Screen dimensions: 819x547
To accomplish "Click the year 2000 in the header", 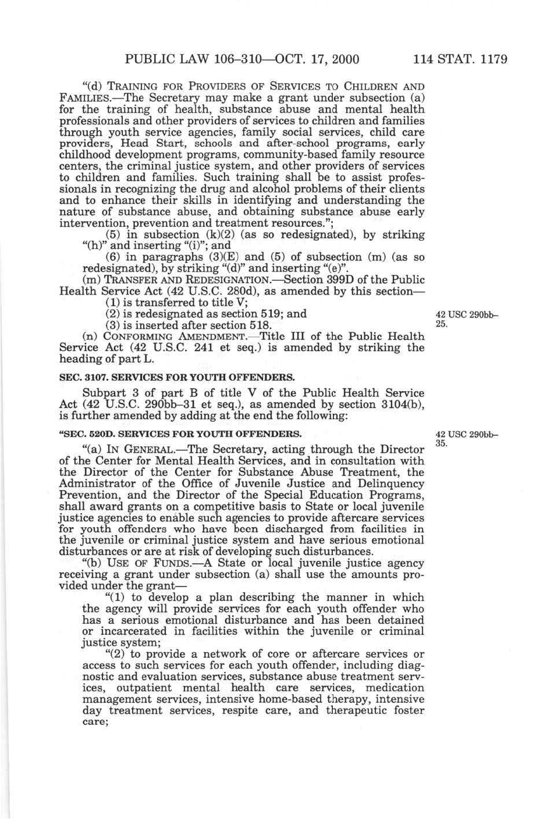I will tap(344, 59).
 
